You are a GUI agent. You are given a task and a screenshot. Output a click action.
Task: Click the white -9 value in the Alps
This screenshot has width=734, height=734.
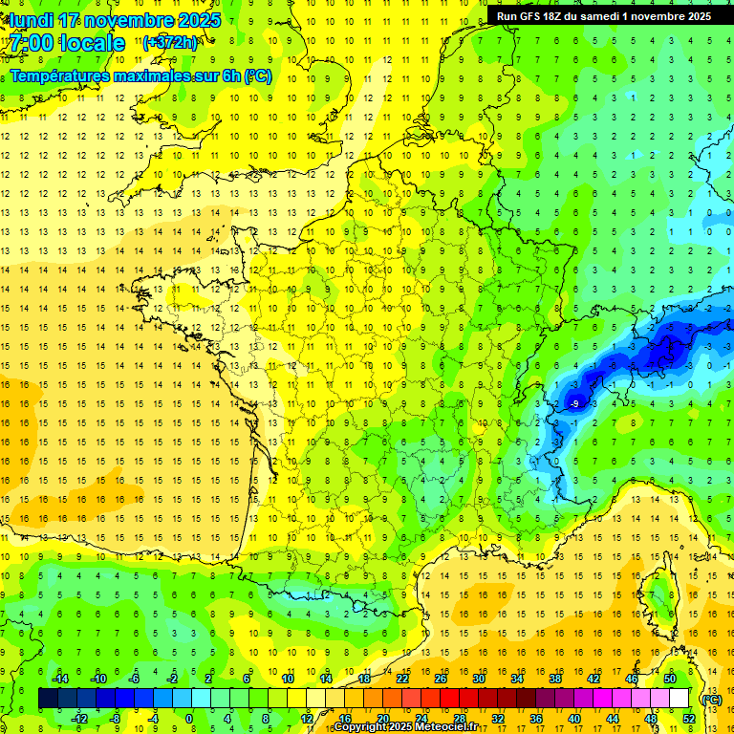pyautogui.click(x=573, y=404)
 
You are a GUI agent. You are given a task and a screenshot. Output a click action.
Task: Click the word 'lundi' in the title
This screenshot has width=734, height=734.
pyautogui.click(x=32, y=20)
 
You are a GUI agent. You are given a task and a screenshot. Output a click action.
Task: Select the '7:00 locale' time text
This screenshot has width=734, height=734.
pyautogui.click(x=68, y=43)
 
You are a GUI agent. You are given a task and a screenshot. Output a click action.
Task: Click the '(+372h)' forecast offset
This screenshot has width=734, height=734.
pyautogui.click(x=170, y=43)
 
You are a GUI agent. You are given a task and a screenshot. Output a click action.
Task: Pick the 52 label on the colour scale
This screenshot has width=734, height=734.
pyautogui.click(x=689, y=718)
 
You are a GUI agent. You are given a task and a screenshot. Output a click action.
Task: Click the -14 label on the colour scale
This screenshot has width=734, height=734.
pyautogui.click(x=60, y=679)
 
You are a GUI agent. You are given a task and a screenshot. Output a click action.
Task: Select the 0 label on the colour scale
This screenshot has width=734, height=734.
pyautogui.click(x=189, y=718)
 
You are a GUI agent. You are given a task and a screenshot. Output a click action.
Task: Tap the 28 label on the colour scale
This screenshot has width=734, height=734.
pyautogui.click(x=460, y=718)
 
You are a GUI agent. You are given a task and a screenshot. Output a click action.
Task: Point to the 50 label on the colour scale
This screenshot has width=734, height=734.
pyautogui.click(x=670, y=679)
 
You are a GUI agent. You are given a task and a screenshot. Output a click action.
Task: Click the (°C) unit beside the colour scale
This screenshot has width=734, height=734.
pyautogui.click(x=712, y=699)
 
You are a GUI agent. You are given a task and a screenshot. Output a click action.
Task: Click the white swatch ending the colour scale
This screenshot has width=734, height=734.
pyautogui.click(x=680, y=699)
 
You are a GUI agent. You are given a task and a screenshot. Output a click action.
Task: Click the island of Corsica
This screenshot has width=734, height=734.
pyautogui.click(x=658, y=597)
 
